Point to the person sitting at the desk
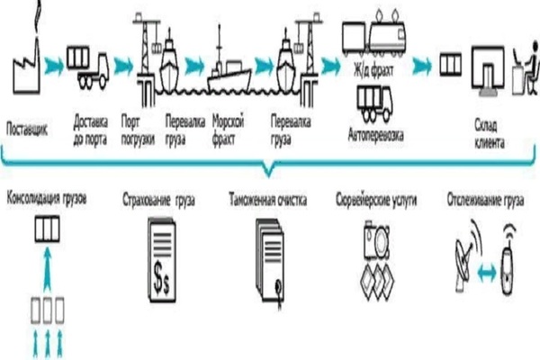pyautogui.click(x=521, y=68)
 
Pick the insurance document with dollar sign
pyautogui.click(x=163, y=253)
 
